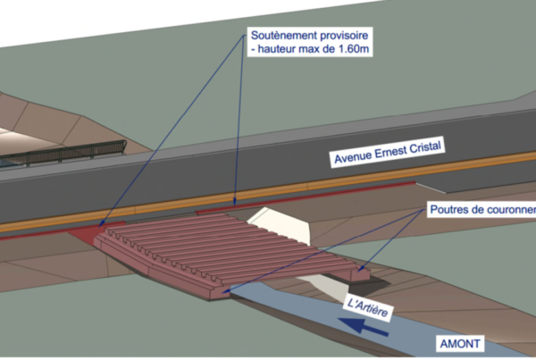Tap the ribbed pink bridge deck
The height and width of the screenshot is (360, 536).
[205, 246]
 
